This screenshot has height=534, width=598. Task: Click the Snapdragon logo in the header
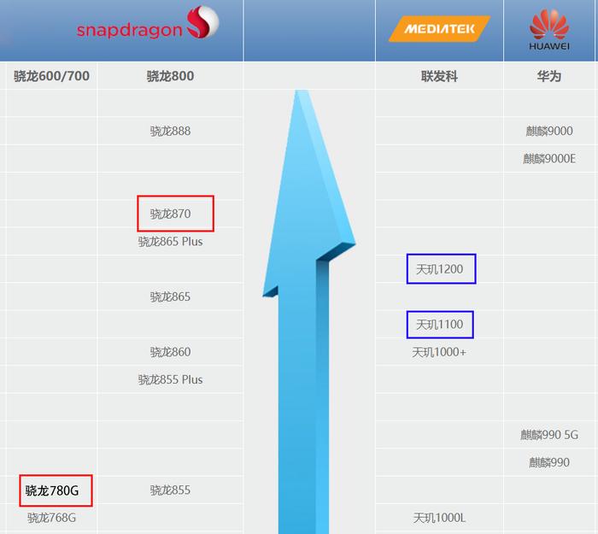[x=148, y=23]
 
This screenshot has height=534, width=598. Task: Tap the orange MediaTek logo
[x=439, y=28]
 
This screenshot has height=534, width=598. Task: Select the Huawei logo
[x=549, y=30]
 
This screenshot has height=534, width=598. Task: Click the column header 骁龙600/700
[x=51, y=76]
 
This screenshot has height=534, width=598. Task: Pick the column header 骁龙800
[x=170, y=76]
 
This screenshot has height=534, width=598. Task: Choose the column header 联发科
[x=439, y=76]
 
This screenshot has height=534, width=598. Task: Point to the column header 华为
[x=549, y=76]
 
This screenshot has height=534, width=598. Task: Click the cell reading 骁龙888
[x=170, y=131]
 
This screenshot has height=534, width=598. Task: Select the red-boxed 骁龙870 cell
[x=175, y=214]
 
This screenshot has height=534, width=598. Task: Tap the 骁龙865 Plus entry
[x=170, y=242]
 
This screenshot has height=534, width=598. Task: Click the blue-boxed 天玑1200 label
[x=442, y=269]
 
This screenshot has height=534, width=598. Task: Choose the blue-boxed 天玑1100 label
[x=440, y=325]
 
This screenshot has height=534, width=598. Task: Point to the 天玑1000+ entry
[x=439, y=352]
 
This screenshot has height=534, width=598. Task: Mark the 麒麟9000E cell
[x=549, y=158]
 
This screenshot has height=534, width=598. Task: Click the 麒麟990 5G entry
[x=549, y=434]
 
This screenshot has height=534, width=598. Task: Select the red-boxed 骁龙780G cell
[x=56, y=490]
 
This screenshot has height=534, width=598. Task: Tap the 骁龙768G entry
[x=51, y=518]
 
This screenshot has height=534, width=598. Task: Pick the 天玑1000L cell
[x=439, y=518]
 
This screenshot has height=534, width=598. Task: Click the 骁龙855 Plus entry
[x=170, y=379]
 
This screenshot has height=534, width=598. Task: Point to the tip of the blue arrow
[x=302, y=91]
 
